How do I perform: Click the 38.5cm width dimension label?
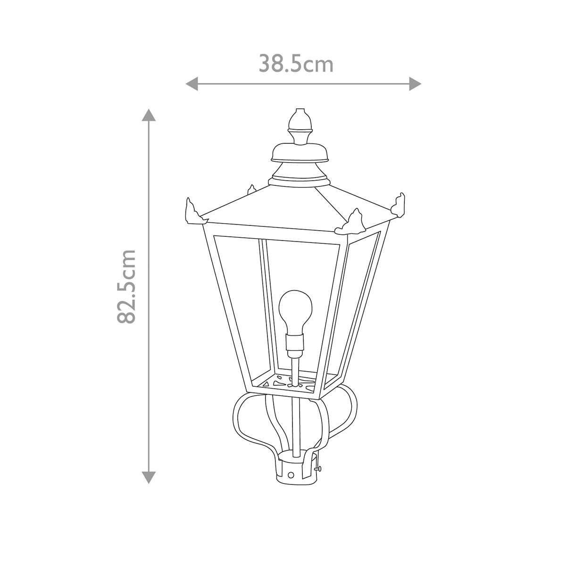(296, 64)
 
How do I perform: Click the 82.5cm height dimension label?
(126, 286)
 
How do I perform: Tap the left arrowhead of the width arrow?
(191, 84)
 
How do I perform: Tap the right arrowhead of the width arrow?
(415, 84)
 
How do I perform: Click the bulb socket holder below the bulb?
(295, 343)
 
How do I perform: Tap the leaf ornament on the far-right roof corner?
(400, 205)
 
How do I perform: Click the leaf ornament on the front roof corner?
(351, 224)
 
